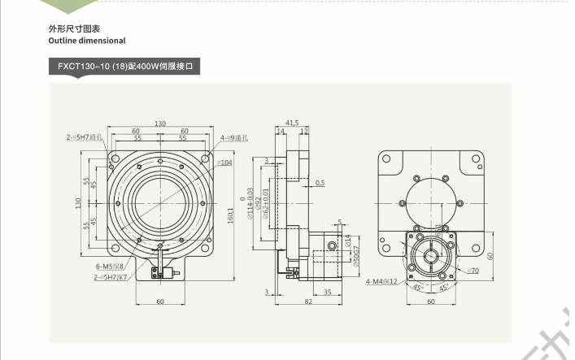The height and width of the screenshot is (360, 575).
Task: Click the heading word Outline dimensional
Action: (87, 40)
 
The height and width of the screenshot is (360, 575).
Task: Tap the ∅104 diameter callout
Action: (225, 163)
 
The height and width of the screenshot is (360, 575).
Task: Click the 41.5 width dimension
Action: (292, 122)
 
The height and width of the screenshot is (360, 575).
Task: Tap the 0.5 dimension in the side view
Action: (320, 183)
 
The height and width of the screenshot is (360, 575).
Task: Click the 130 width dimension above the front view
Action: (160, 123)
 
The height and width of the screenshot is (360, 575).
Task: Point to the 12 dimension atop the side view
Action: (303, 130)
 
